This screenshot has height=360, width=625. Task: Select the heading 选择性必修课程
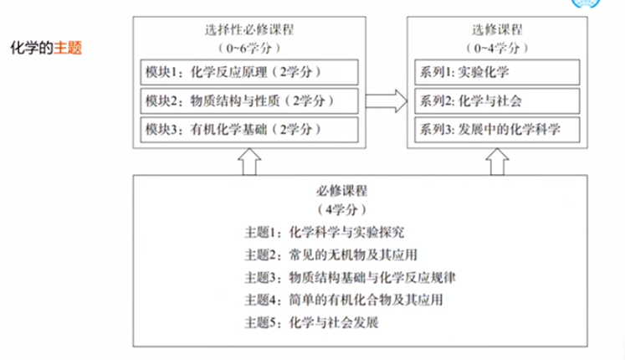click(x=248, y=29)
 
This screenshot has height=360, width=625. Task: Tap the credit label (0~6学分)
click(x=248, y=47)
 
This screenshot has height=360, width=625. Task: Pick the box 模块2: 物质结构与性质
click(x=248, y=102)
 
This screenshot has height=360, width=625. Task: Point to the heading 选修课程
click(x=489, y=29)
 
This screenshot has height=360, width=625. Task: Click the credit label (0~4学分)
click(x=489, y=47)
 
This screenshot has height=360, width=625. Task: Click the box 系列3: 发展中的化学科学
click(x=489, y=131)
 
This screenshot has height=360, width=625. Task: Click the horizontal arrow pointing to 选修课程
click(x=383, y=101)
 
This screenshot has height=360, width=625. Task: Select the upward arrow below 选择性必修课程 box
click(x=248, y=161)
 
